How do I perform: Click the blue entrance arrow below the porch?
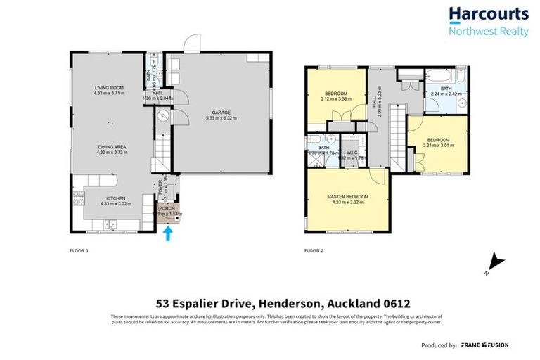coord(167,233)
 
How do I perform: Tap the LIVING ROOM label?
coord(110,88)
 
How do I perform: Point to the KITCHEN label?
coord(115,198)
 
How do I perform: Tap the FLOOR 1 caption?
coord(79,250)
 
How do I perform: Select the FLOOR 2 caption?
coord(314,250)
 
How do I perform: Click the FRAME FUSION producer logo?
coord(485,345)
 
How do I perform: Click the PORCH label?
coord(167,208)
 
